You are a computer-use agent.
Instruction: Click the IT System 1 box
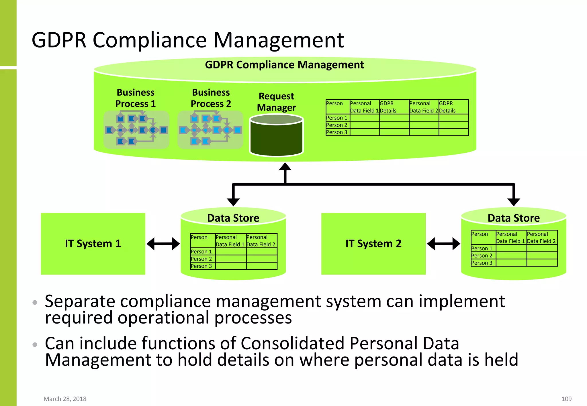pyautogui.click(x=93, y=244)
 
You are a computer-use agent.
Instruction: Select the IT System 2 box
pyautogui.click(x=373, y=244)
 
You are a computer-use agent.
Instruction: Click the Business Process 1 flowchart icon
pyautogui.click(x=136, y=130)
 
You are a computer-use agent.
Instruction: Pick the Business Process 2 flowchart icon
pyautogui.click(x=210, y=130)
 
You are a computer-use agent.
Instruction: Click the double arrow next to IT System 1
pyautogui.click(x=163, y=244)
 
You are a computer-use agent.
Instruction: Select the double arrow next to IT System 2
pyautogui.click(x=443, y=244)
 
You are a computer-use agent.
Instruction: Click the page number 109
pyautogui.click(x=566, y=399)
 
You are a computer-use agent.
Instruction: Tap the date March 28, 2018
pyautogui.click(x=65, y=399)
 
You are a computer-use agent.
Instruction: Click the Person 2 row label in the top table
pyautogui.click(x=337, y=125)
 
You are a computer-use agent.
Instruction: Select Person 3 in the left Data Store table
pyautogui.click(x=201, y=266)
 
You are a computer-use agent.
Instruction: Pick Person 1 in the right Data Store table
pyautogui.click(x=482, y=249)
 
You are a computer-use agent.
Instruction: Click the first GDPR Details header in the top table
pyautogui.click(x=388, y=107)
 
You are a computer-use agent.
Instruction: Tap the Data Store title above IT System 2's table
pyautogui.click(x=513, y=218)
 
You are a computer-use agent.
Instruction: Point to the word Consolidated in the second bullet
pyautogui.click(x=292, y=343)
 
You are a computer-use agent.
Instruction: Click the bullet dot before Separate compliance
pyautogui.click(x=35, y=302)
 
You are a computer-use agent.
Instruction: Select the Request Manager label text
pyautogui.click(x=276, y=102)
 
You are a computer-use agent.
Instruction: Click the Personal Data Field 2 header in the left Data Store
pyautogui.click(x=261, y=241)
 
